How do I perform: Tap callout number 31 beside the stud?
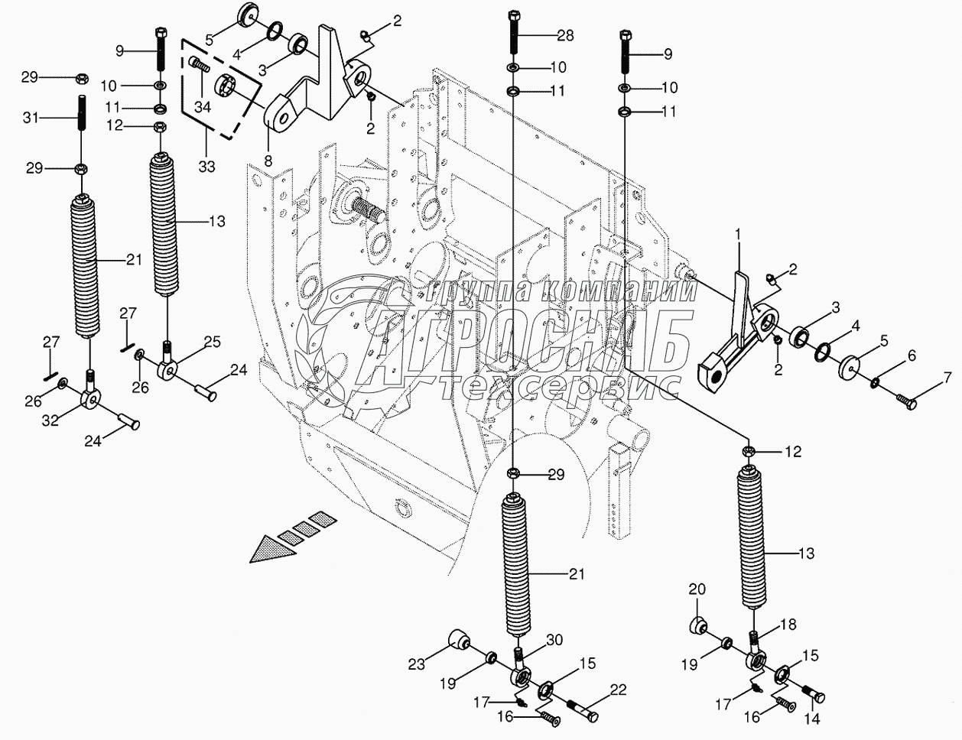(x=30, y=117)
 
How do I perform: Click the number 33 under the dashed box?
(x=206, y=166)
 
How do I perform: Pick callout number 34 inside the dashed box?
(x=202, y=107)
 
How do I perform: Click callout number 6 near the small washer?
(x=911, y=355)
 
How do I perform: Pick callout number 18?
(x=788, y=625)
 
